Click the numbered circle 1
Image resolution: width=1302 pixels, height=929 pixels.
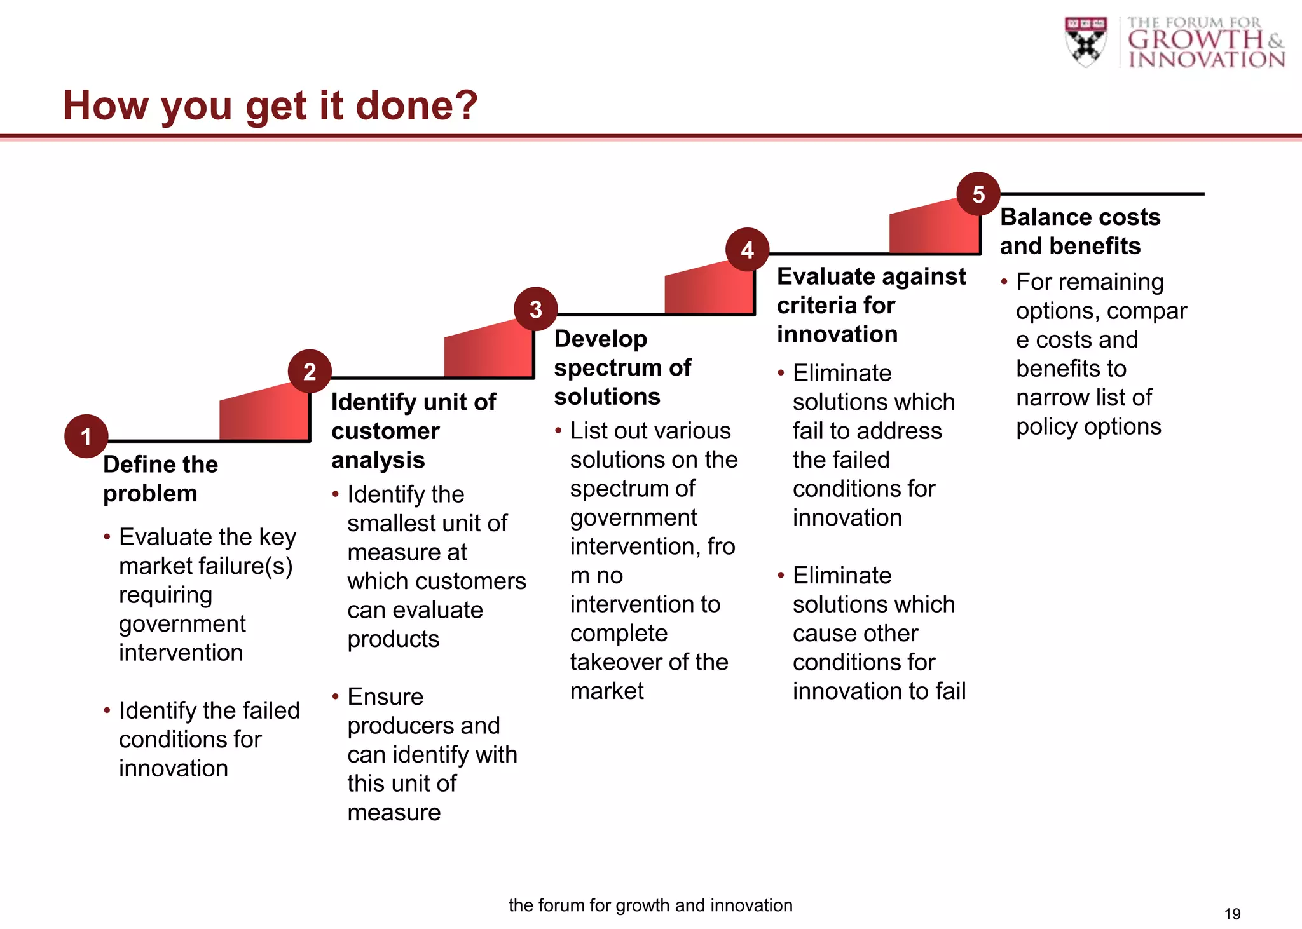[86, 437]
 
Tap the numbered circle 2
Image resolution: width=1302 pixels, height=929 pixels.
[310, 371]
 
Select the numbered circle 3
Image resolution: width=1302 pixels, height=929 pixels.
[536, 309]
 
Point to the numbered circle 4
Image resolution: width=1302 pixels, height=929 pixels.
[748, 250]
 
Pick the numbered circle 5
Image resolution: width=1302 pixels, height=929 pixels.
[978, 194]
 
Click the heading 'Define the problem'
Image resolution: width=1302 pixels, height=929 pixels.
[160, 478]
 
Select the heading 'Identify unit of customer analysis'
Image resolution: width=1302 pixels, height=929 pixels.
[413, 430]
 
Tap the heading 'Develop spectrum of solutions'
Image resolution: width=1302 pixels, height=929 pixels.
[622, 367]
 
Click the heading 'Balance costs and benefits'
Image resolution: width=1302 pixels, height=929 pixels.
[1079, 231]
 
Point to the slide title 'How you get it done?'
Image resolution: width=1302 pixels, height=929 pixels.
[270, 105]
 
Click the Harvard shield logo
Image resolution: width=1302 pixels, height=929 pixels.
[1085, 42]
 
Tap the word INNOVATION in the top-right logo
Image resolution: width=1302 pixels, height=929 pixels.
[1206, 60]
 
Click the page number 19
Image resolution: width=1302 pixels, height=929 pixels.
[1232, 914]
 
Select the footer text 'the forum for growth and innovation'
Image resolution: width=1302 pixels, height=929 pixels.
[650, 905]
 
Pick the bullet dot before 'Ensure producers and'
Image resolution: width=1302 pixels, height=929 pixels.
[336, 696]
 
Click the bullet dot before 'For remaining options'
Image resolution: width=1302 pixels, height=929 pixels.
[1004, 281]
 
